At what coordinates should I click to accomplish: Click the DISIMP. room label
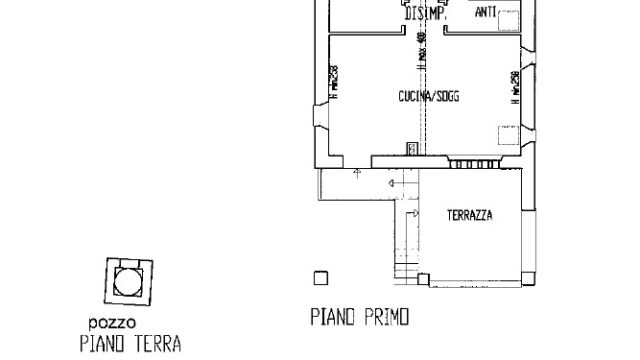pyautogui.click(x=426, y=17)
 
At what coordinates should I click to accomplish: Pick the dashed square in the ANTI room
pyautogui.click(x=511, y=16)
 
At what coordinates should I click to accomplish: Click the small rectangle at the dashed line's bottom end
pyautogui.click(x=411, y=149)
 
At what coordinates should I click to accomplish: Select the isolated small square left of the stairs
pyautogui.click(x=320, y=277)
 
